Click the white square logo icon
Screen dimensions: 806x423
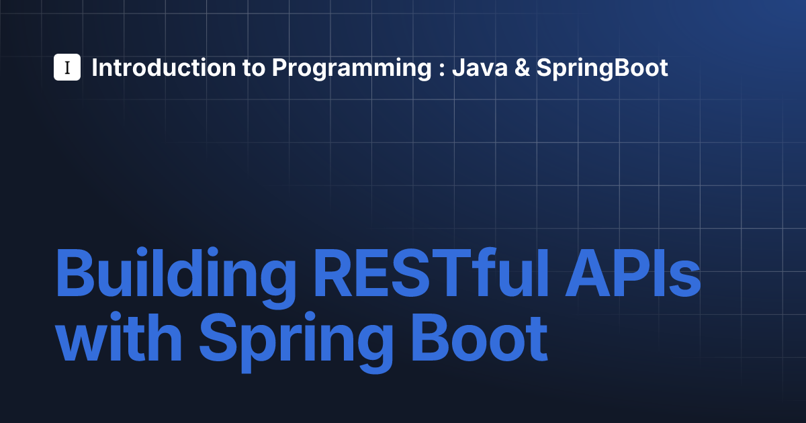(67, 67)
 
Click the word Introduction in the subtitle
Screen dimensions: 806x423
(163, 68)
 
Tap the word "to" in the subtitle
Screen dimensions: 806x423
(254, 68)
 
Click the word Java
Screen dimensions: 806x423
(480, 68)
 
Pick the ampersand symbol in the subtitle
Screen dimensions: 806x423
(522, 68)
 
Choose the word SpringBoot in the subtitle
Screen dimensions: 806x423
(602, 69)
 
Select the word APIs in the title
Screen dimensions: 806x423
(633, 273)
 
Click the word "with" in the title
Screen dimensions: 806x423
(119, 336)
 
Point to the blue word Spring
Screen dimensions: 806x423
(296, 342)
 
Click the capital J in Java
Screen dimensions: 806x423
(459, 68)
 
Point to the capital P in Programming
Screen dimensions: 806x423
(281, 68)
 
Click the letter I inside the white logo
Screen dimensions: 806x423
(67, 67)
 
